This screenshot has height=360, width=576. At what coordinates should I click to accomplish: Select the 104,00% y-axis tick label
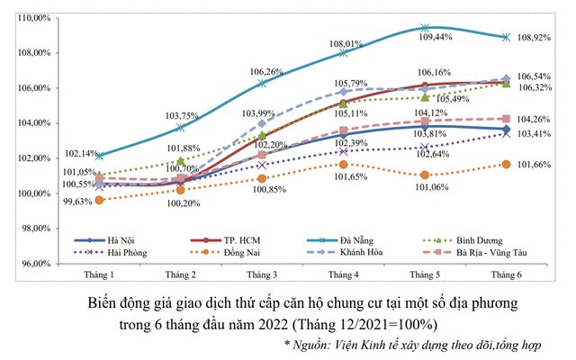[37, 123]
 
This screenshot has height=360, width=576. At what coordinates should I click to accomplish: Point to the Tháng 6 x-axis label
[506, 274]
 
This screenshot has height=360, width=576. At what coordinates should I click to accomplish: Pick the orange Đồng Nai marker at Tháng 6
[506, 164]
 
